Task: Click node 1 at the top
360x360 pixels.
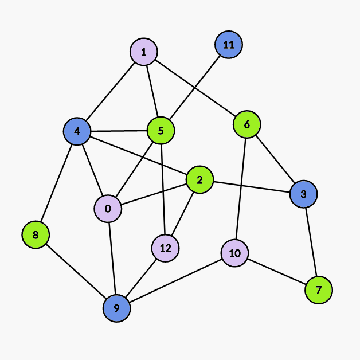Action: pyautogui.click(x=144, y=53)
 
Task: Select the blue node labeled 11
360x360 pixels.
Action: pyautogui.click(x=229, y=45)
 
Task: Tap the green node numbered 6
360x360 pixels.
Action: pyautogui.click(x=247, y=124)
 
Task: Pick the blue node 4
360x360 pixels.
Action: pyautogui.click(x=77, y=131)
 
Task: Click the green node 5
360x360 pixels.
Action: pyautogui.click(x=161, y=131)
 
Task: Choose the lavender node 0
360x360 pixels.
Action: pyautogui.click(x=108, y=208)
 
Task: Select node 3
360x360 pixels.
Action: pyautogui.click(x=303, y=194)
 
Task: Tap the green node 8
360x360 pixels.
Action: pyautogui.click(x=36, y=234)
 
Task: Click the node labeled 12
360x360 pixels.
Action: pyautogui.click(x=166, y=248)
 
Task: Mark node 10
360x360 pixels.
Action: pyautogui.click(x=234, y=253)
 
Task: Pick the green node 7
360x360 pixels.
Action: pyautogui.click(x=319, y=290)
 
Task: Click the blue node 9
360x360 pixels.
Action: pyautogui.click(x=116, y=308)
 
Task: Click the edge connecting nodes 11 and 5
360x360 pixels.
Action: pyautogui.click(x=195, y=88)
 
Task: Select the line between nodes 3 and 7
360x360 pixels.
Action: pyautogui.click(x=311, y=242)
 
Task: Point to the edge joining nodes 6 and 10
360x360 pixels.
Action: pyautogui.click(x=241, y=189)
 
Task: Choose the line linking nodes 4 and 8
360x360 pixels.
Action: pyautogui.click(x=56, y=183)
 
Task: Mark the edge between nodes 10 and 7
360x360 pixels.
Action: pyautogui.click(x=277, y=272)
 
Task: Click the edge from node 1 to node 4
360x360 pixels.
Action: pyautogui.click(x=111, y=92)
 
